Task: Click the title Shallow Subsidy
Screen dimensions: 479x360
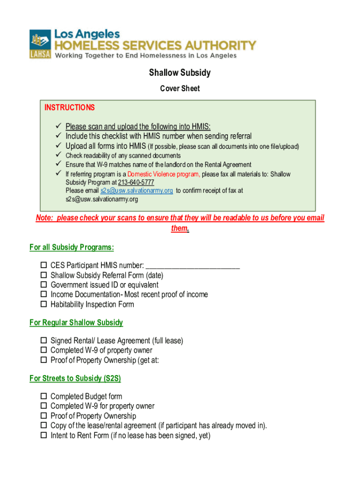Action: pyautogui.click(x=180, y=73)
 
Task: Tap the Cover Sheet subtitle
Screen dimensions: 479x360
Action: pyautogui.click(x=180, y=88)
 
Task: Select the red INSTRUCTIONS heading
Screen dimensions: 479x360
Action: pyautogui.click(x=70, y=108)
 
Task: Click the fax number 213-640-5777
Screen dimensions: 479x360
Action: pyautogui.click(x=136, y=182)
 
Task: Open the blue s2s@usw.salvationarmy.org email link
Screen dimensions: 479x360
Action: pyautogui.click(x=137, y=191)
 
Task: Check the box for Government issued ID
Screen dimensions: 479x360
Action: pyautogui.click(x=43, y=285)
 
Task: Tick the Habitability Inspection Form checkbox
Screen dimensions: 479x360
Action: pyautogui.click(x=43, y=305)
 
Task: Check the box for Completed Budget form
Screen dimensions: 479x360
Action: pyautogui.click(x=43, y=397)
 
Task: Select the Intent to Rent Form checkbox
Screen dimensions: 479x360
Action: pyautogui.click(x=43, y=435)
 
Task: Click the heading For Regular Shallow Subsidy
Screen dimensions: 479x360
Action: pyautogui.click(x=76, y=322)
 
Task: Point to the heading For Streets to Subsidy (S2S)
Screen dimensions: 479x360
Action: pyautogui.click(x=75, y=378)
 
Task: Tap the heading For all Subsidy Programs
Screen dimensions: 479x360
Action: pyautogui.click(x=72, y=247)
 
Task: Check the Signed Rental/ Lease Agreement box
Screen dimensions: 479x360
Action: pyautogui.click(x=43, y=341)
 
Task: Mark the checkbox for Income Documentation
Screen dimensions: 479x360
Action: pyautogui.click(x=43, y=295)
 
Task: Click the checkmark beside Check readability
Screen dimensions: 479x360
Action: pyautogui.click(x=59, y=155)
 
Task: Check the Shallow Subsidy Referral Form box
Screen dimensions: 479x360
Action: pyautogui.click(x=43, y=276)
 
